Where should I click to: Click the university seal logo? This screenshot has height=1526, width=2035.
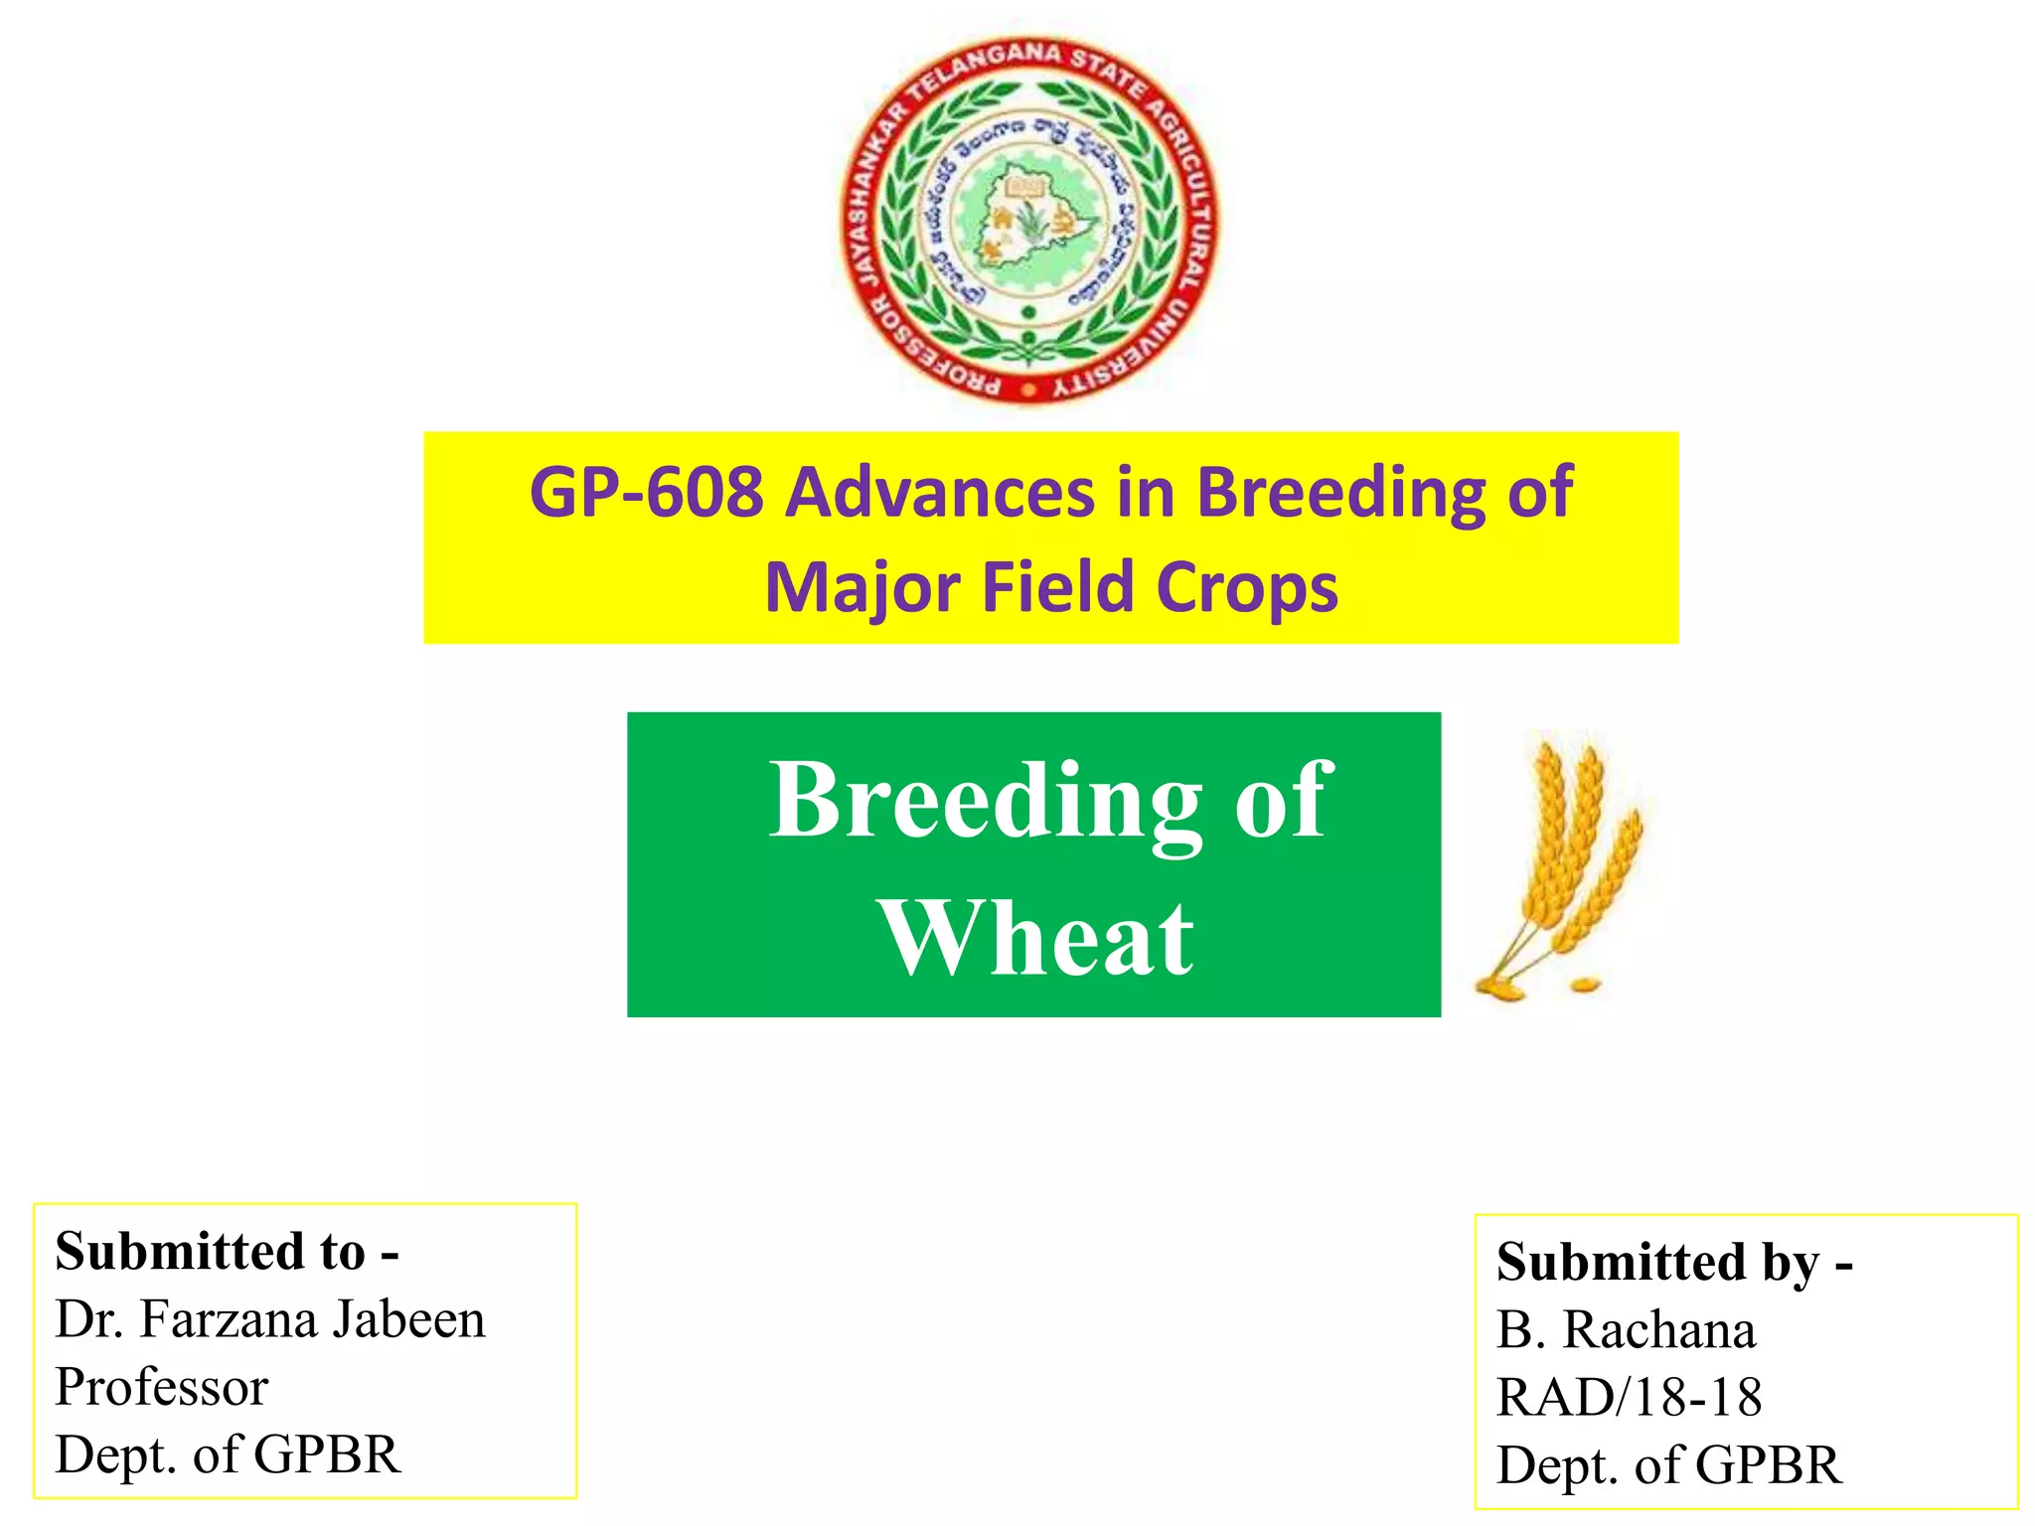(1029, 221)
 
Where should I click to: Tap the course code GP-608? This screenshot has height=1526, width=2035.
(646, 492)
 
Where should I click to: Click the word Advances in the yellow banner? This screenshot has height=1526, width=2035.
(939, 492)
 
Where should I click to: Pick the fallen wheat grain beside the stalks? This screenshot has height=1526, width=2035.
(1584, 985)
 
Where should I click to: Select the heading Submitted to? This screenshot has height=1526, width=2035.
(227, 1251)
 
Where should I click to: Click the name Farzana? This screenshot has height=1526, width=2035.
(229, 1319)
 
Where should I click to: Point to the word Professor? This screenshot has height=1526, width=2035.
(161, 1387)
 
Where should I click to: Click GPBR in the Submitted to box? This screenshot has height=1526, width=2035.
(327, 1454)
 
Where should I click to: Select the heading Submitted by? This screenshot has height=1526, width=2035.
(1674, 1262)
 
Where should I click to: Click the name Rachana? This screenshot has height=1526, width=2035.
(1659, 1330)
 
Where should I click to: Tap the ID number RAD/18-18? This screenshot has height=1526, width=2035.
(1630, 1397)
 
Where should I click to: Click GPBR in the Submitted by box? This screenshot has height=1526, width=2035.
(1769, 1464)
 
